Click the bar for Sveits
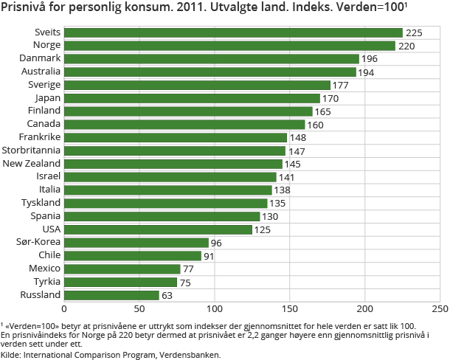click(x=233, y=32)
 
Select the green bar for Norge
click(x=229, y=46)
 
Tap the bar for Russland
click(x=111, y=295)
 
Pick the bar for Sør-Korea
click(x=136, y=243)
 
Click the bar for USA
click(x=158, y=229)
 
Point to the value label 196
click(x=370, y=59)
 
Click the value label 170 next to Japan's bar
click(x=330, y=98)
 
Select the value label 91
click(x=209, y=256)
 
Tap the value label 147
click(x=296, y=150)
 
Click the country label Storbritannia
click(x=32, y=150)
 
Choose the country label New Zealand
click(x=32, y=164)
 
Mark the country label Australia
click(x=40, y=72)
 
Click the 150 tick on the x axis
click(x=290, y=309)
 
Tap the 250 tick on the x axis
click(x=440, y=309)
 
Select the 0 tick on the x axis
click(x=64, y=309)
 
